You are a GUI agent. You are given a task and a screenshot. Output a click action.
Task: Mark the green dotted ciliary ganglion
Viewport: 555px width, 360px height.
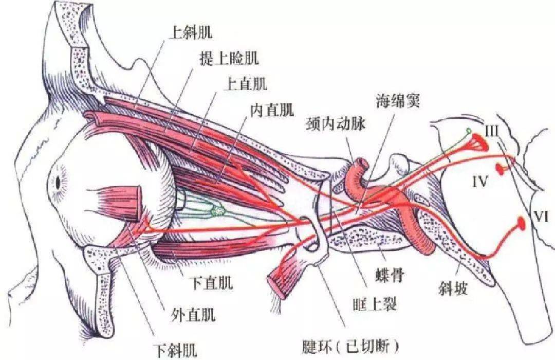217,210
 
